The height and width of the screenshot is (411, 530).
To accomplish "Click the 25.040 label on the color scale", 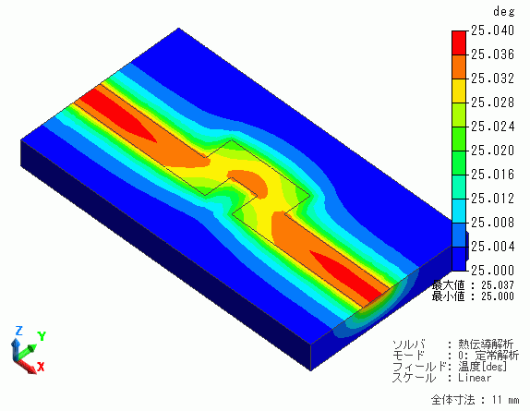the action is coord(492,30).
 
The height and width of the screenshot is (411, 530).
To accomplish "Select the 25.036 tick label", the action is coord(492,54).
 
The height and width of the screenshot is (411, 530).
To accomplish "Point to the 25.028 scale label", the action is coord(492,103).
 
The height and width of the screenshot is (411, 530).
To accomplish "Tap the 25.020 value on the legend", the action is coord(492,151).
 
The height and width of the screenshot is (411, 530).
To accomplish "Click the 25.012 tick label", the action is coord(492,199).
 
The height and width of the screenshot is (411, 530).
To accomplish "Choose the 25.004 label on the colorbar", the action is coord(492,247).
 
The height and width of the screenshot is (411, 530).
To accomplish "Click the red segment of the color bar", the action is coord(459,42).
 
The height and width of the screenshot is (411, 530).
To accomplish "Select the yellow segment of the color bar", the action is coord(459,91).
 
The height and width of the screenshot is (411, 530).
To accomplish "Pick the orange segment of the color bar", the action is coord(459,66).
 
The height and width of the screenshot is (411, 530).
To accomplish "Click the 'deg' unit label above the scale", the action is coord(503,12).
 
